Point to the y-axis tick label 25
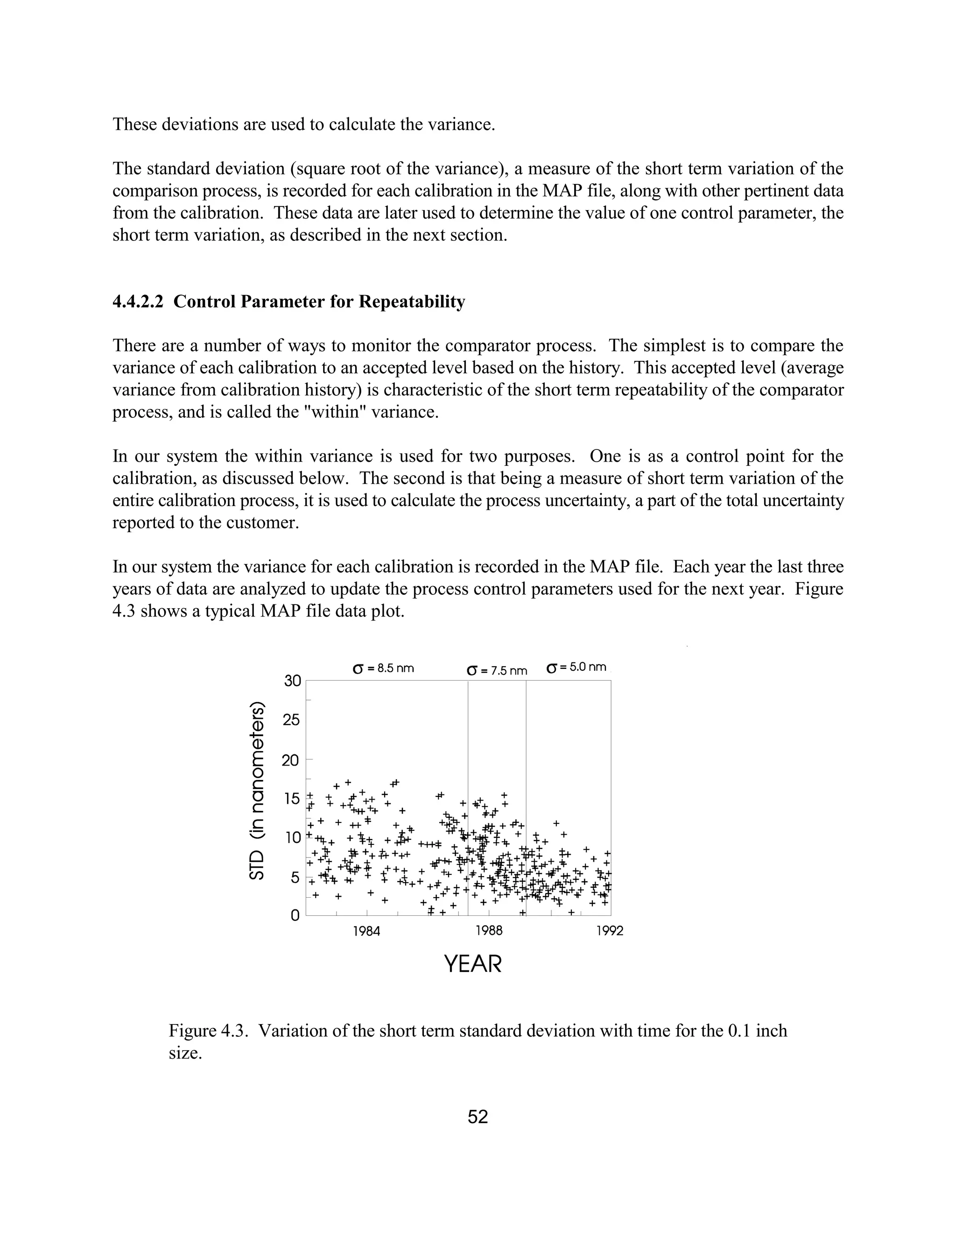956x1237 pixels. [292, 720]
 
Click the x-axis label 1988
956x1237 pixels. [489, 931]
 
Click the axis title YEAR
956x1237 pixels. [473, 964]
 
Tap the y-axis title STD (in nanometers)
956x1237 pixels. [257, 791]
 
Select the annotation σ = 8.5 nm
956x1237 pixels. [383, 668]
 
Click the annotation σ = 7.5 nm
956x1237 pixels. [497, 671]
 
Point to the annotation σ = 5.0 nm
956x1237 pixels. [576, 667]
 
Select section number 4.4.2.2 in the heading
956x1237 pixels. [138, 302]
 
